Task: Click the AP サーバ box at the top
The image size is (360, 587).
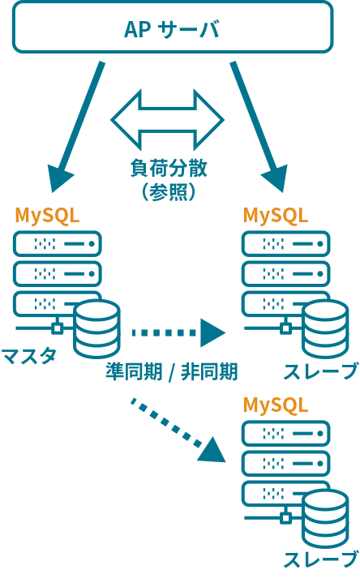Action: (x=171, y=29)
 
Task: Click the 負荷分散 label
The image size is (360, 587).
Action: (x=168, y=168)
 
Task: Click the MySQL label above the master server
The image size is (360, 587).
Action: (x=47, y=216)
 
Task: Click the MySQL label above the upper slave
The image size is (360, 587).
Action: (x=276, y=216)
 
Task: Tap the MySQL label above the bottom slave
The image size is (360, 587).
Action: (x=276, y=405)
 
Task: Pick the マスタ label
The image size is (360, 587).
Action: (x=28, y=355)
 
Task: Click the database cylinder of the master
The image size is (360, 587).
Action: (x=96, y=328)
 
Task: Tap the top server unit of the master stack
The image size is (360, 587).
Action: (x=57, y=243)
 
